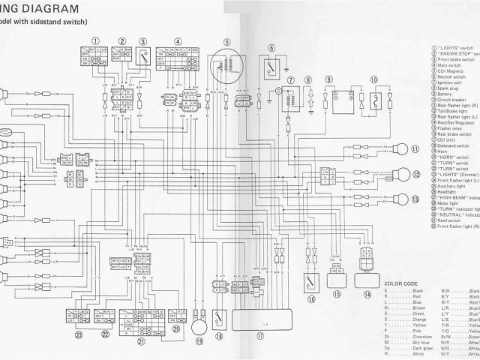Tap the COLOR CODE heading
click(400, 283)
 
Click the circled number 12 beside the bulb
click(415, 174)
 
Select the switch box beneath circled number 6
click(271, 68)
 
